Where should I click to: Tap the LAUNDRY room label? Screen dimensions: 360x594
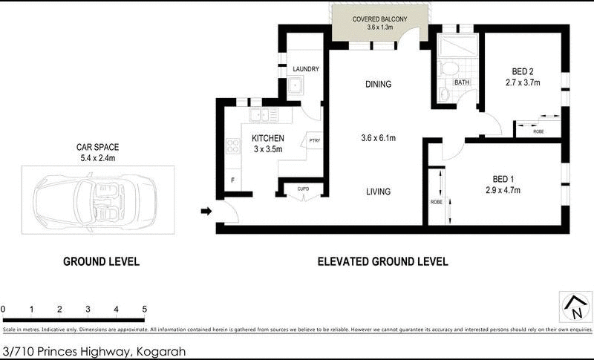point(306,70)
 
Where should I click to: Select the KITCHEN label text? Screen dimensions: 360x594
point(267,138)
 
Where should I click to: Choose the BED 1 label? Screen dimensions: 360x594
point(503,179)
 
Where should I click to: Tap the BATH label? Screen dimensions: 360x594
point(462,82)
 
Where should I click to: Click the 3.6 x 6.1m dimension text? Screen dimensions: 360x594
point(378,138)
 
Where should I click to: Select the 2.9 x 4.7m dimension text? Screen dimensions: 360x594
point(503,190)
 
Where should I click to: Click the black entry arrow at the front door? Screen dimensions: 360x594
point(206,212)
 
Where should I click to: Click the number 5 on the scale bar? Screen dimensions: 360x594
point(145,310)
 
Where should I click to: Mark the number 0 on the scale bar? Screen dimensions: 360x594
point(4,310)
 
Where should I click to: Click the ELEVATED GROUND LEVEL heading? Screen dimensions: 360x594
point(382,261)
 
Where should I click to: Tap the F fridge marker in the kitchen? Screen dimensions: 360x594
point(232,180)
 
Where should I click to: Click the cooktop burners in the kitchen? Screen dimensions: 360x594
point(232,146)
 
